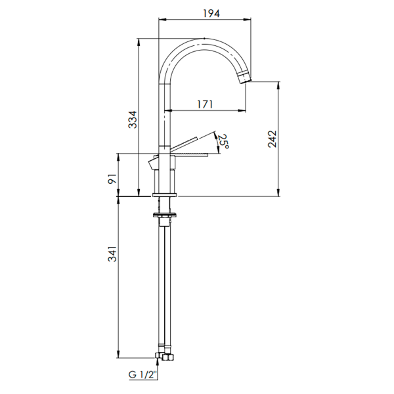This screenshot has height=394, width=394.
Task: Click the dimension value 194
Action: tap(211, 13)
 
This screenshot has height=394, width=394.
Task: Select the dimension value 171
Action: tap(205, 104)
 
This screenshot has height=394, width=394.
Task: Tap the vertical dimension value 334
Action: tap(133, 120)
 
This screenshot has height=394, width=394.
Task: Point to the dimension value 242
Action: tap(272, 139)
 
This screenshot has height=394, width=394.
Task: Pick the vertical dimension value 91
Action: tap(112, 179)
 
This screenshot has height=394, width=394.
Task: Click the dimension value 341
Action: tap(112, 253)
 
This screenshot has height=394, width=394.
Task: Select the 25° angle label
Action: tap(223, 141)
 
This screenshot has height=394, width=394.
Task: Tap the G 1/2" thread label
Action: tap(142, 375)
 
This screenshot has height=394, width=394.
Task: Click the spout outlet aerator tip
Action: tap(245, 77)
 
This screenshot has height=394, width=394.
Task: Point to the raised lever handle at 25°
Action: tap(184, 144)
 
